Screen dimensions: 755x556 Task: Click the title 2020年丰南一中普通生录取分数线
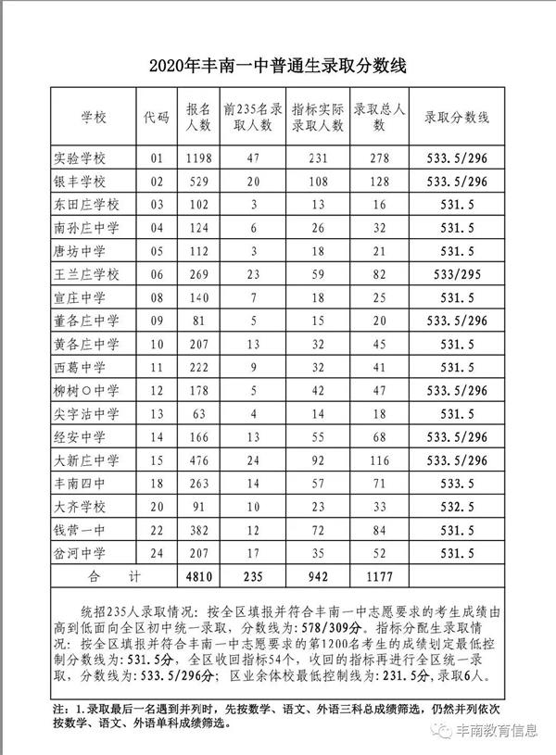(x=278, y=67)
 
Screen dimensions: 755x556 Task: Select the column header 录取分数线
(x=457, y=118)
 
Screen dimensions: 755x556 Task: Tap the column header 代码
(x=157, y=118)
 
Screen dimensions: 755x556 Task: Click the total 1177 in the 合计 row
(x=379, y=577)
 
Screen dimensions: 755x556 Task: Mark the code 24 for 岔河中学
(x=157, y=553)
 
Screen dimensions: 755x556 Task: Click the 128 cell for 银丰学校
(x=379, y=182)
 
